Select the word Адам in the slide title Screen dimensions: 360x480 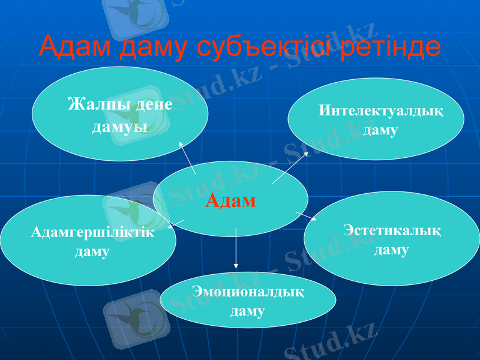76,47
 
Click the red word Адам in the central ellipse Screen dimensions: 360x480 230,200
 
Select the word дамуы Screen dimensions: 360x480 120,127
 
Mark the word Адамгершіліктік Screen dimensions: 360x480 92,233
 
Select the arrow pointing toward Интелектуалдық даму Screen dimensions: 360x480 290,167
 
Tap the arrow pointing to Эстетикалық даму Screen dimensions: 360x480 307,217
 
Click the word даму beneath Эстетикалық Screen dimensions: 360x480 391,250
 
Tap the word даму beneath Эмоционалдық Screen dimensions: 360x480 247,311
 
